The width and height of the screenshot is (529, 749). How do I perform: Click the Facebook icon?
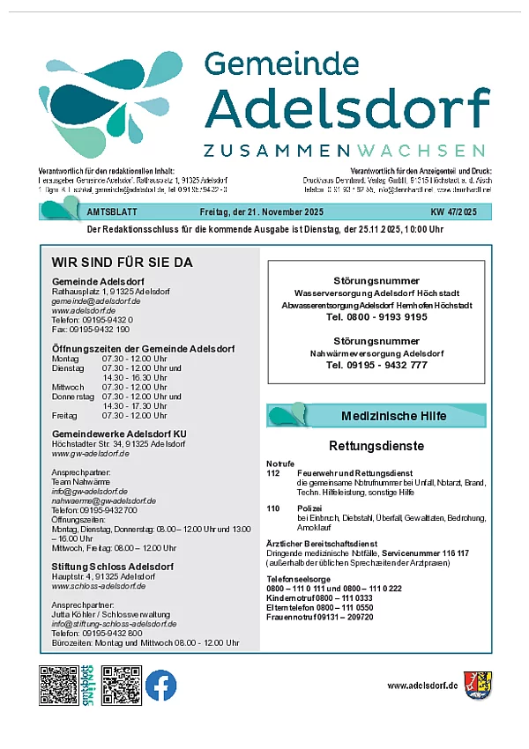point(161,685)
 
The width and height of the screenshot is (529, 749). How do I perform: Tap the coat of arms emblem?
point(478,685)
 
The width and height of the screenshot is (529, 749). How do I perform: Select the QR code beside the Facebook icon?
point(122,685)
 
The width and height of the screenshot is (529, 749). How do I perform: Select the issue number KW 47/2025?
point(453,212)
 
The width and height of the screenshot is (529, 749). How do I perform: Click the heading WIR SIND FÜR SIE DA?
point(122,263)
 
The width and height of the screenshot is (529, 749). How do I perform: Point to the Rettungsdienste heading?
point(376,446)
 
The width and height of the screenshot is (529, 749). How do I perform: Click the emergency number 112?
point(272,473)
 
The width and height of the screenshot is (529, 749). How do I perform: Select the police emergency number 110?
point(272,508)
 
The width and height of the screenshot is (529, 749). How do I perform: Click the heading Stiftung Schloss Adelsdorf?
point(112,567)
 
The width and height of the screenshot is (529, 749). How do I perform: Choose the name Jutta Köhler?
point(73,614)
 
